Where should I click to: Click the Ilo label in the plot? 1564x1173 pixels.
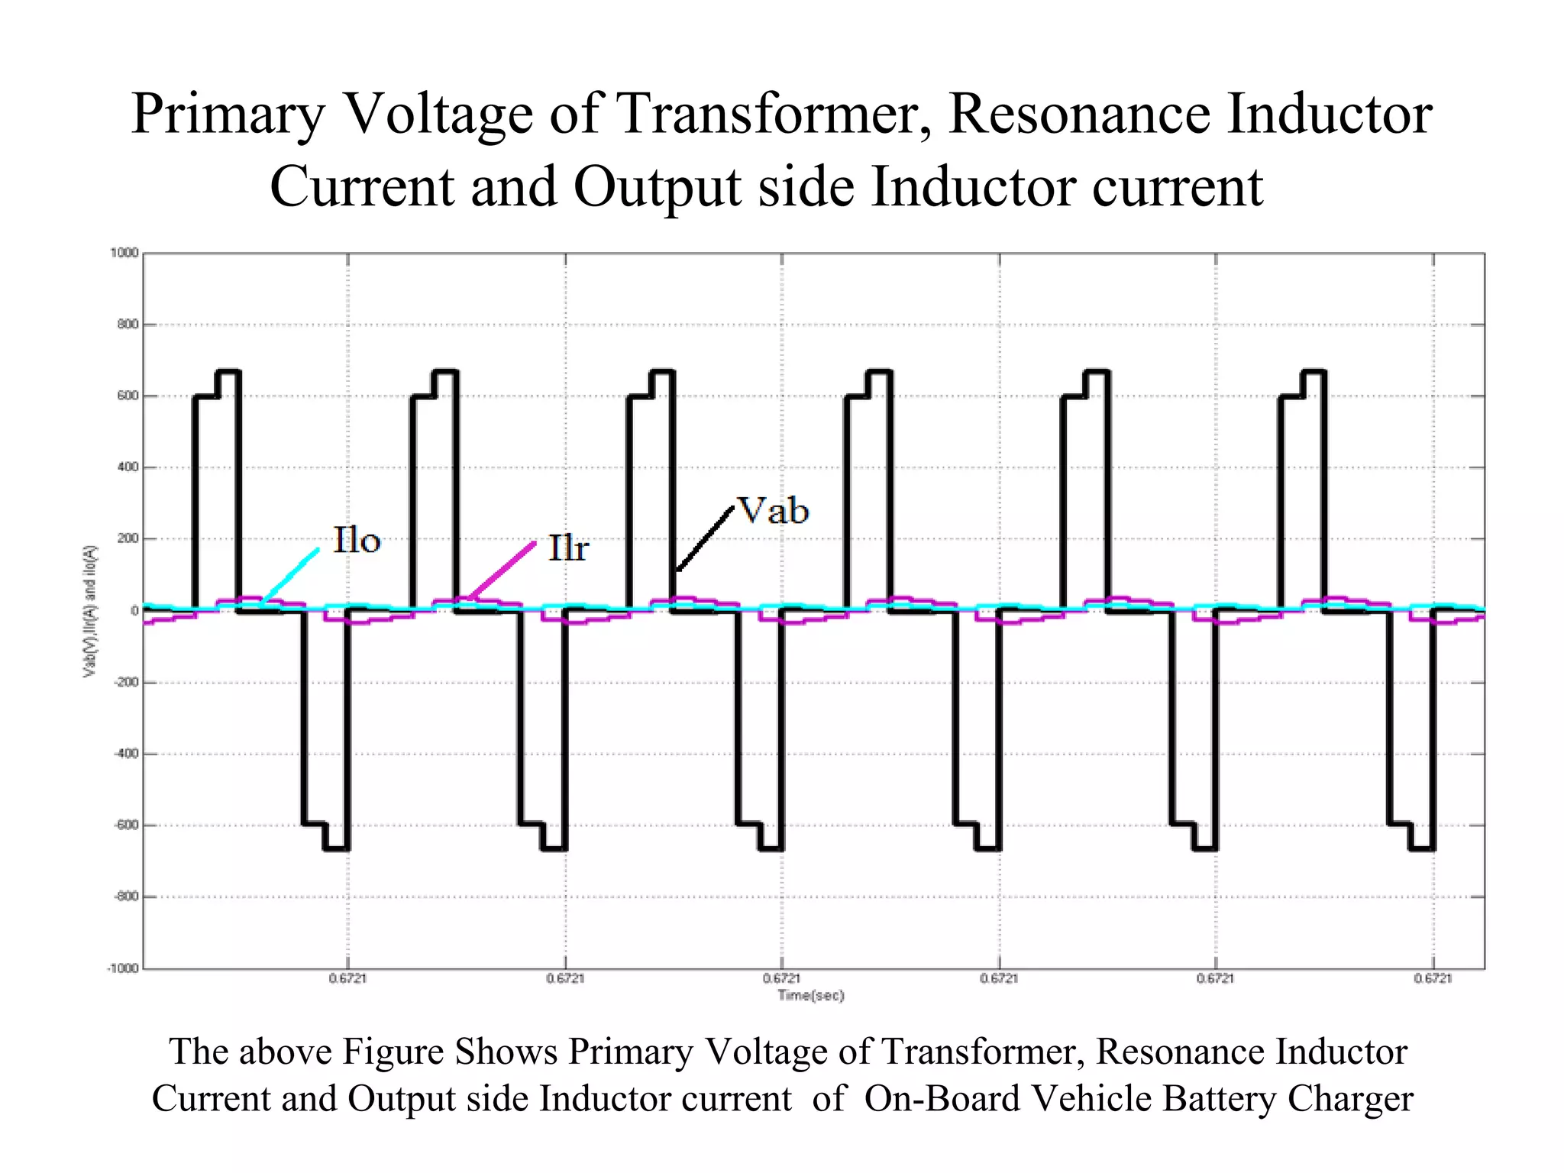(357, 541)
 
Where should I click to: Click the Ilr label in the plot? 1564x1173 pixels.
(568, 549)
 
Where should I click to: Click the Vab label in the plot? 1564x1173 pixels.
(772, 511)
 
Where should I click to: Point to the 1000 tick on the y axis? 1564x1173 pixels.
(124, 253)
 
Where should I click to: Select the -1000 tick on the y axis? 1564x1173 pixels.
(122, 968)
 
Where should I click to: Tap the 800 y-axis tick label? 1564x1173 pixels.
(128, 325)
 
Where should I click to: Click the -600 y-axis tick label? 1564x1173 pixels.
(125, 826)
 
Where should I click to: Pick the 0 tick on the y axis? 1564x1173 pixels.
(134, 611)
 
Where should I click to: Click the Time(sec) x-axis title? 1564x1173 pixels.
(811, 995)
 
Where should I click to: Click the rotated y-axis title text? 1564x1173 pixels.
(90, 611)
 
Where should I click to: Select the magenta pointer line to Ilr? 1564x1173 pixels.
(502, 569)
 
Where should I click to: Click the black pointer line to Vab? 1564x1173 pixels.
(705, 538)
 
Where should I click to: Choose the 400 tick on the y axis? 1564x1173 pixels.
(128, 467)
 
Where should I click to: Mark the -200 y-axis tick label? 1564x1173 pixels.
(125, 682)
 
